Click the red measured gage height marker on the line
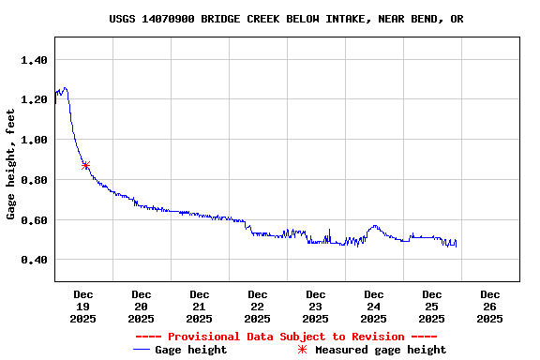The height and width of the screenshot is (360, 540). pos(85,166)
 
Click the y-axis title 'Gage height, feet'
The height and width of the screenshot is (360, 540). pos(11,164)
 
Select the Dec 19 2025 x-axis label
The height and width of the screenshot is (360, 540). pos(83,307)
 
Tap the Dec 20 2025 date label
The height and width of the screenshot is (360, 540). pos(142,307)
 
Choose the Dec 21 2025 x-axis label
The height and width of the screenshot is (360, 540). pos(200,307)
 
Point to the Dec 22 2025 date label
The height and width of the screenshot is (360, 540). pos(258,307)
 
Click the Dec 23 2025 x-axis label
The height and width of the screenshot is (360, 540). pos(316,307)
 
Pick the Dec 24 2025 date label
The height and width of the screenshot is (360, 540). pos(374,307)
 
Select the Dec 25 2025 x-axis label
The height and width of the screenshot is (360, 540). pos(432,307)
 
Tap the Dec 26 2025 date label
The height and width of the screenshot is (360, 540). pos(490,307)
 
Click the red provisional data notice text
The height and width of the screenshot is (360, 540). pos(286,337)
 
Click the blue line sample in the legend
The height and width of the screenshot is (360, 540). pos(142,350)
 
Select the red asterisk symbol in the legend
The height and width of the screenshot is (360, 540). pos(302,350)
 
